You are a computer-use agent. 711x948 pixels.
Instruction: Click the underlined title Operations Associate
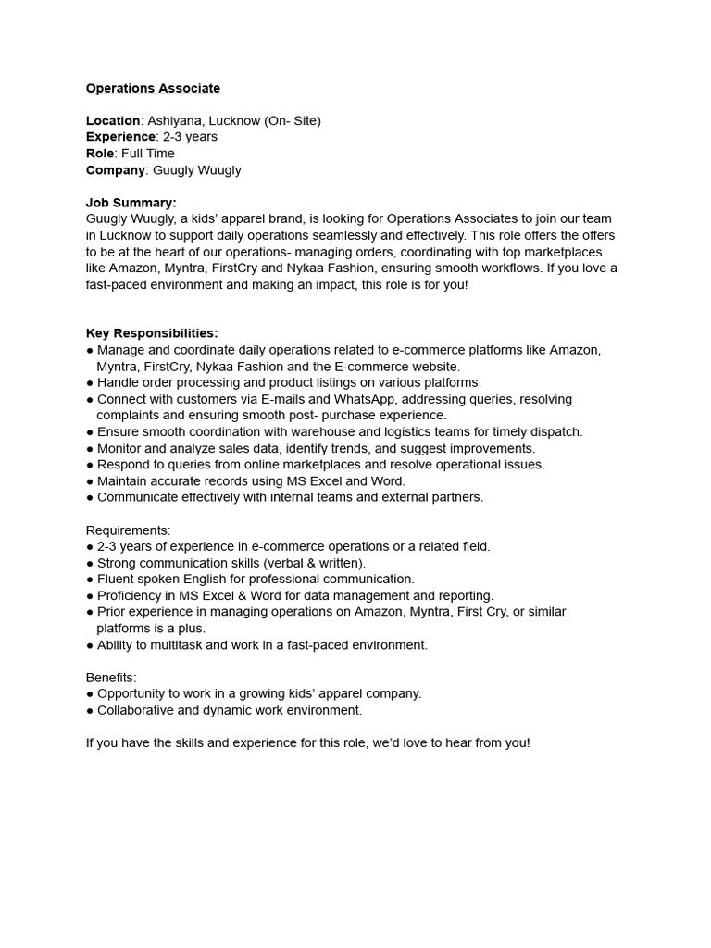(153, 88)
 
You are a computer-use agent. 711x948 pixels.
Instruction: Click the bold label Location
(113, 120)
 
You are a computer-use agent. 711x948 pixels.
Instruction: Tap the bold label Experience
(120, 137)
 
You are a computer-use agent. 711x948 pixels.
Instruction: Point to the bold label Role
(100, 154)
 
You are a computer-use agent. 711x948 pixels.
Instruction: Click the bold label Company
(116, 170)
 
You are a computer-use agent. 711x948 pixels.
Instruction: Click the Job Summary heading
(131, 203)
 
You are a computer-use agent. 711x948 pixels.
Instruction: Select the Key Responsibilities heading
(152, 333)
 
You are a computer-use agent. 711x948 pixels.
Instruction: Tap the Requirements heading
(128, 530)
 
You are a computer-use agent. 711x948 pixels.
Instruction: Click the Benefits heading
(110, 678)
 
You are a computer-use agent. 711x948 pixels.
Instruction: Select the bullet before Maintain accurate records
(90, 481)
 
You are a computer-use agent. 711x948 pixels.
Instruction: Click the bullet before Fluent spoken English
(90, 580)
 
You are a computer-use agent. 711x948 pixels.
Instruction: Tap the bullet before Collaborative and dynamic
(90, 710)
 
